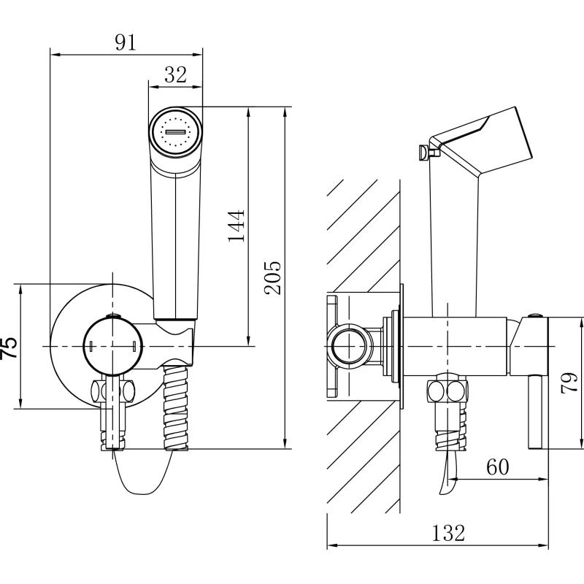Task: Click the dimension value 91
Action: tap(126, 42)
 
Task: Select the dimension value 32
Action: tap(175, 74)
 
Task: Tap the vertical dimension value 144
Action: tap(237, 226)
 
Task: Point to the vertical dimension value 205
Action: tap(272, 277)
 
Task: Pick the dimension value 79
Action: tap(569, 383)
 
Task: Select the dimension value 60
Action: tap(497, 466)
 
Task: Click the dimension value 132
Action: tap(448, 533)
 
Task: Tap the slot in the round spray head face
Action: tap(175, 132)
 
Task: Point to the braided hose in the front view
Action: tap(176, 408)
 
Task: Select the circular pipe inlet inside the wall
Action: tap(349, 346)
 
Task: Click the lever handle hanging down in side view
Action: tap(537, 412)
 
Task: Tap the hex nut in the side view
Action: tap(447, 391)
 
